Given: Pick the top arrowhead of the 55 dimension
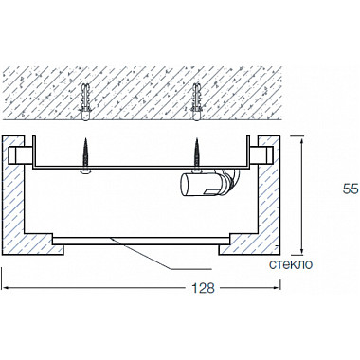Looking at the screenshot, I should (302, 138).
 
